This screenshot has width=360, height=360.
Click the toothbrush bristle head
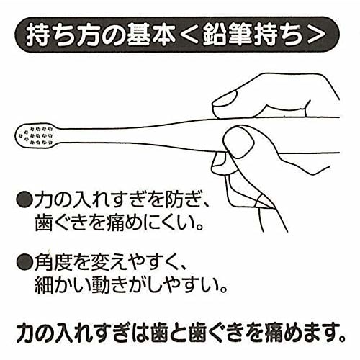click(x=35, y=135)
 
